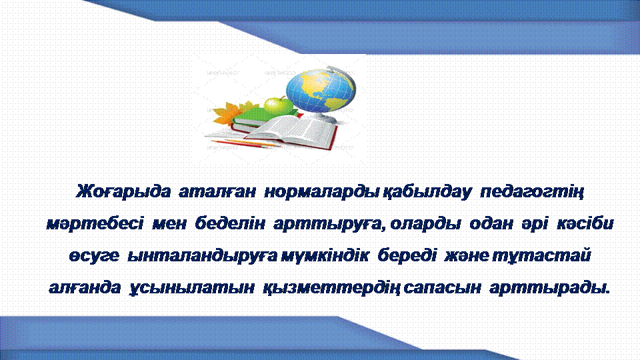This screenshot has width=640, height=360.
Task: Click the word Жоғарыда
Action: [123, 191]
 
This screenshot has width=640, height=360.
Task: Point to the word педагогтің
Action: [532, 192]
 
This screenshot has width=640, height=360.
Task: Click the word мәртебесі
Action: [95, 224]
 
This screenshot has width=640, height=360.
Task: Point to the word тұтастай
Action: [541, 256]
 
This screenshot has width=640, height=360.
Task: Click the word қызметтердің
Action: [331, 288]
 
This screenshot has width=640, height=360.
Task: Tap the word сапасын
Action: [441, 288]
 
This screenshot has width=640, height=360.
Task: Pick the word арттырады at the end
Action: [549, 288]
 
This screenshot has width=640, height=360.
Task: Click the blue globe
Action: [321, 91]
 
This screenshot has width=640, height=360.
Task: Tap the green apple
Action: [279, 106]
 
